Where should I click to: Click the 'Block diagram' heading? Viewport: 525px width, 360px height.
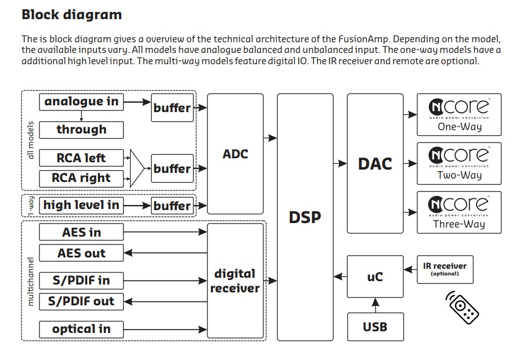point(72,14)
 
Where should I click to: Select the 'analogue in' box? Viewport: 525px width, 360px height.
point(81,102)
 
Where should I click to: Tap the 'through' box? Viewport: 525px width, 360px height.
point(81,130)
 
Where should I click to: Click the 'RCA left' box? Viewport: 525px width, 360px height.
point(81,158)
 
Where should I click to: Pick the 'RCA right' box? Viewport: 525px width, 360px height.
point(81,179)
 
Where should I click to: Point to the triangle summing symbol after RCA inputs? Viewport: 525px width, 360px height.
point(137,168)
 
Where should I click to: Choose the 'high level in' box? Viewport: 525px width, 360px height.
point(81,206)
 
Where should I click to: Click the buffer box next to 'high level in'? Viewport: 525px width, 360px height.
point(172,206)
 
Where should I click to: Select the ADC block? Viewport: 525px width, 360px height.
point(235,153)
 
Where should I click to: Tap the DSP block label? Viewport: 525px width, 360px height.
point(305,217)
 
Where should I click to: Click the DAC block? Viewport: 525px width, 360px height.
point(375,163)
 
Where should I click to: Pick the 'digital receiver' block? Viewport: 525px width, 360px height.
point(235,281)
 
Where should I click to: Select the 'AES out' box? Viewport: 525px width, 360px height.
point(81,254)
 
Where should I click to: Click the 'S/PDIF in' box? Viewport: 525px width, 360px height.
point(81,280)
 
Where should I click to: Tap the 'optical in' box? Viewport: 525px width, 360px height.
point(81,329)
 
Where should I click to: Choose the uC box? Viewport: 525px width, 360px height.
point(375,277)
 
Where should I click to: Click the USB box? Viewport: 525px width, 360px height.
point(375,326)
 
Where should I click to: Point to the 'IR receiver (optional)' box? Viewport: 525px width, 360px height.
point(445,269)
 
